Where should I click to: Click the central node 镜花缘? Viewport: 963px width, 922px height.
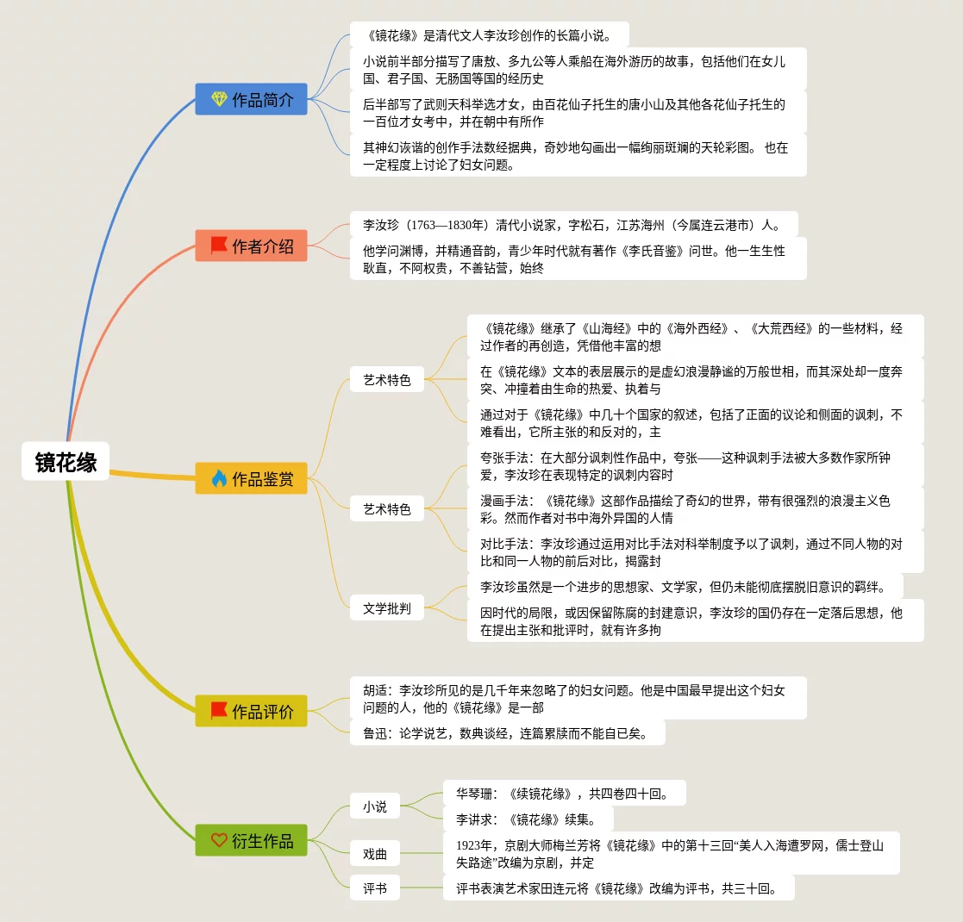[x=66, y=463]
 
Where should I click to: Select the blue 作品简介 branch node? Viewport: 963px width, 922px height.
[x=251, y=99]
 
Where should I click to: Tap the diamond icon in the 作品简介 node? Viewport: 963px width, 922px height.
[x=219, y=99]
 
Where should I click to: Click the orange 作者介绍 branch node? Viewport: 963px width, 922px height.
[x=251, y=246]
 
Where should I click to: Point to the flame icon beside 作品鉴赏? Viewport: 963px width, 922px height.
[x=219, y=478]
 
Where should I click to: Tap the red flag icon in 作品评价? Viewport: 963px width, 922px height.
[x=219, y=711]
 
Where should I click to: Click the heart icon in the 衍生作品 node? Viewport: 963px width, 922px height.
[x=219, y=840]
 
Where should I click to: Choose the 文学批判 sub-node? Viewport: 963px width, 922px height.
[x=387, y=608]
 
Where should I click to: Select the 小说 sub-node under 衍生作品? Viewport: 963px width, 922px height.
[x=375, y=807]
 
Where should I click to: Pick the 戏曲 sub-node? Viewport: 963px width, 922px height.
[x=375, y=854]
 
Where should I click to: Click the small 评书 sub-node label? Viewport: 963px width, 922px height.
[x=375, y=888]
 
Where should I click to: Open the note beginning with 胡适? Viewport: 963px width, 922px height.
[x=578, y=698]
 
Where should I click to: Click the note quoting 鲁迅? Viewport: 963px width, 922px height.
[x=507, y=733]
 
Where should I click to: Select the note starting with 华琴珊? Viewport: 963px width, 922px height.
[x=564, y=793]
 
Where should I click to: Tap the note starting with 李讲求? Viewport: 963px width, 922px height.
[x=528, y=819]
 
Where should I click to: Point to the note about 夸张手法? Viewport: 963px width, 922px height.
[x=694, y=465]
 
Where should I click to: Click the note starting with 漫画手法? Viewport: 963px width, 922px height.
[x=694, y=508]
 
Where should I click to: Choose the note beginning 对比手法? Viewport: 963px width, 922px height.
[x=694, y=551]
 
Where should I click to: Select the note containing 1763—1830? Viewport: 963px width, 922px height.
[x=573, y=225]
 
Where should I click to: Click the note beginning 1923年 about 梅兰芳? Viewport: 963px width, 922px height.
[x=671, y=853]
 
